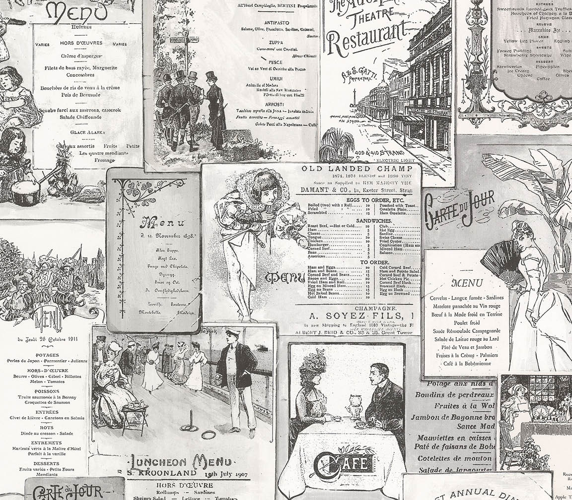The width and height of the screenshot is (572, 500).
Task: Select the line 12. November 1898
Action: click(155, 236)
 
